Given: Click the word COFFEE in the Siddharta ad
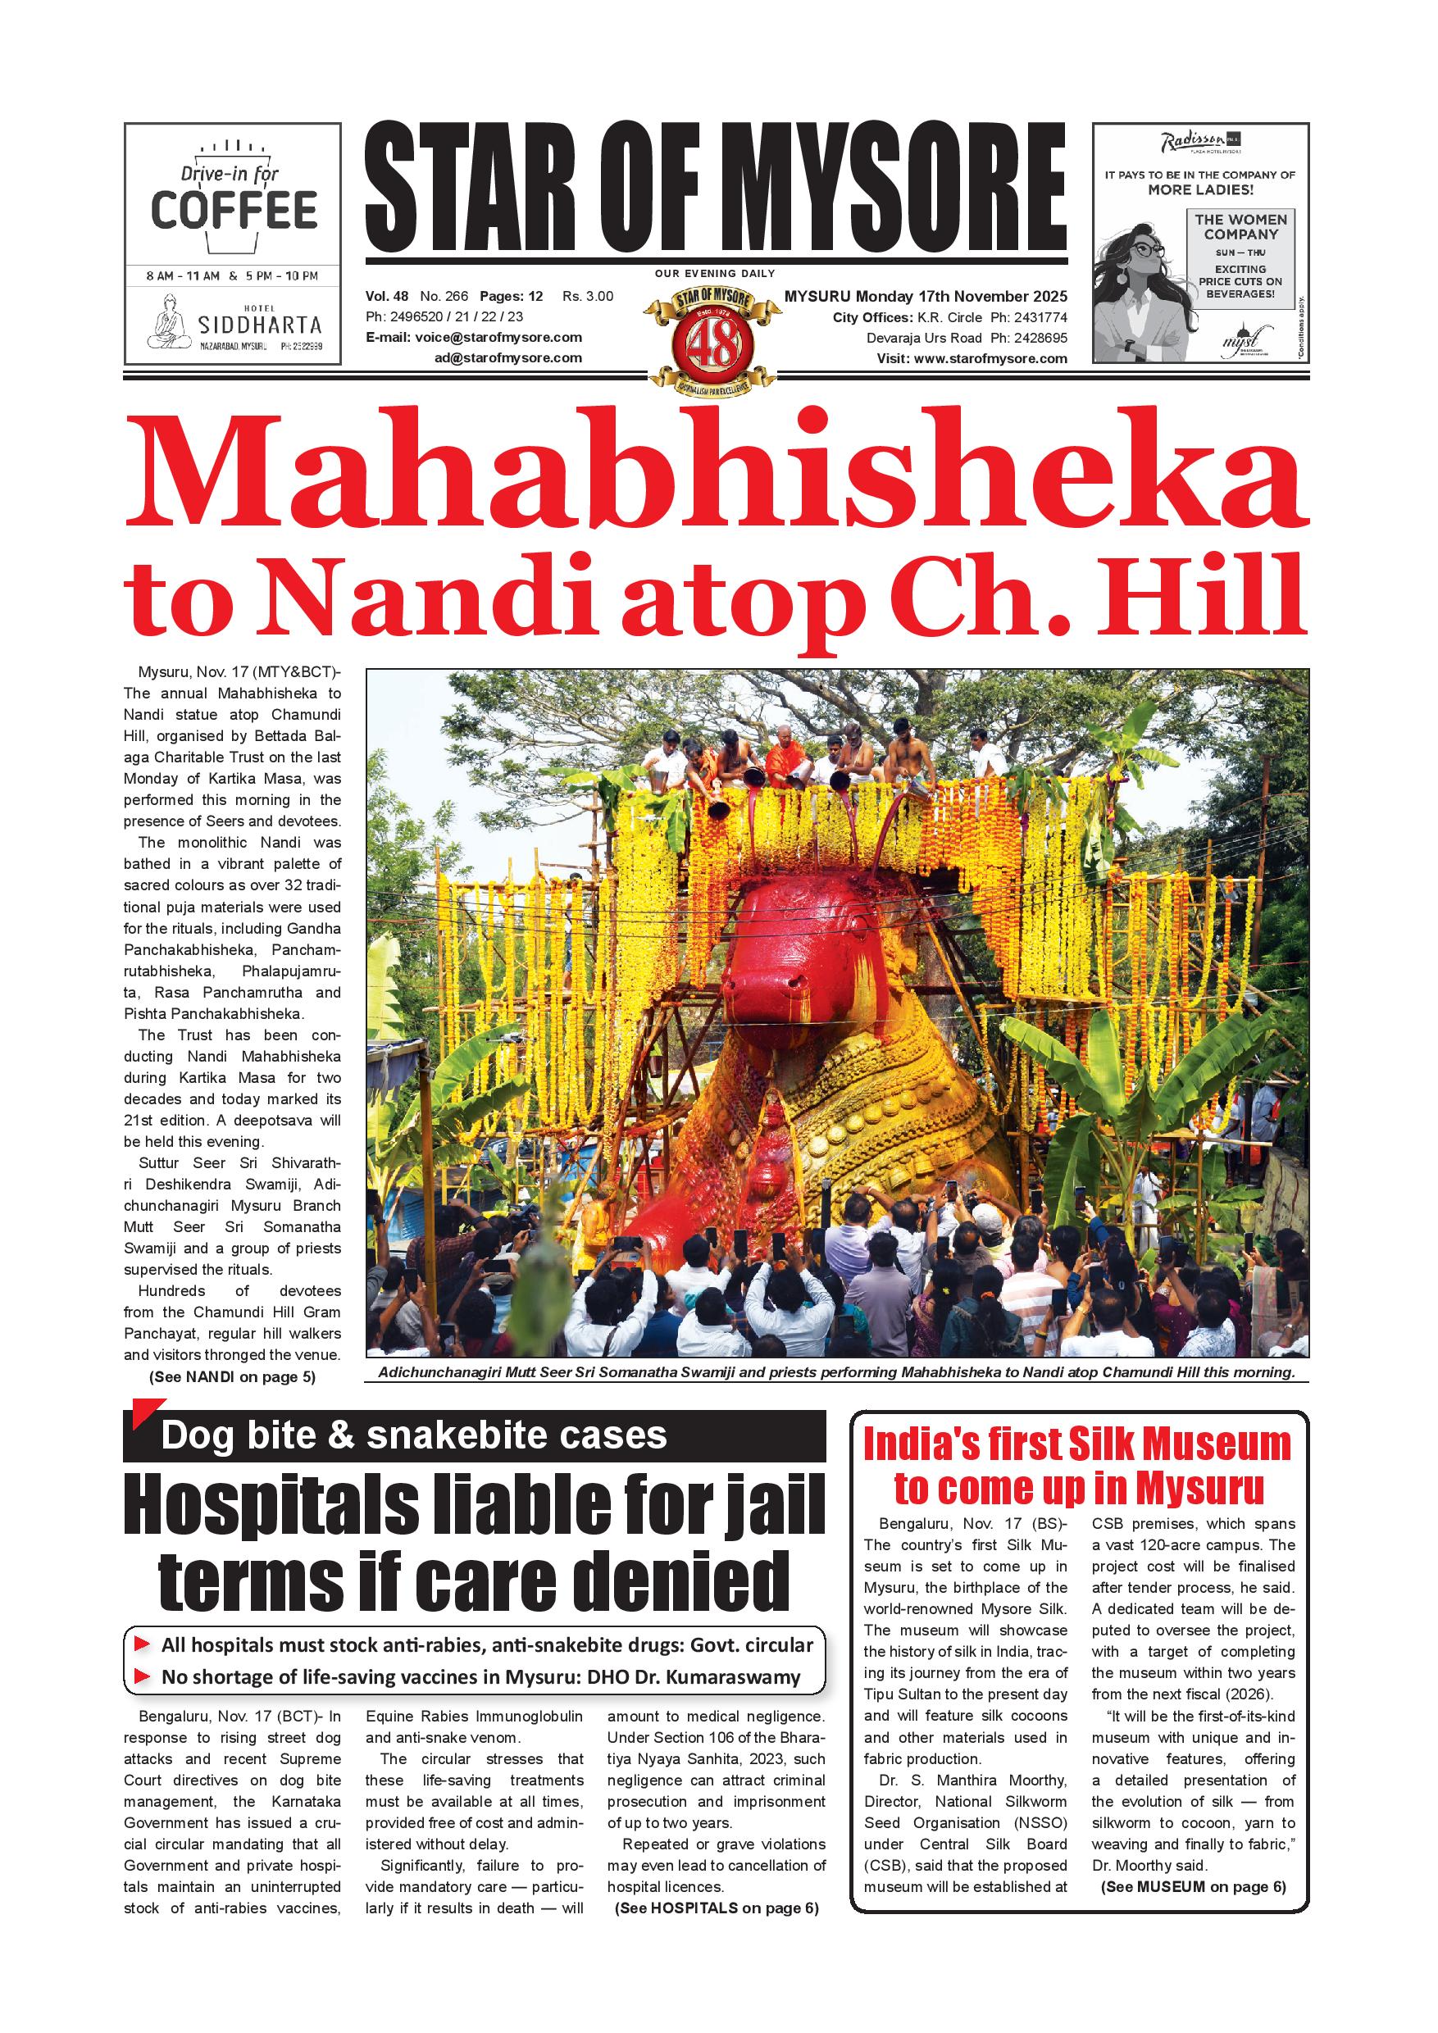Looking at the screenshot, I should pyautogui.click(x=234, y=209).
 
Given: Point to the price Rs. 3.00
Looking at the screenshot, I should pyautogui.click(x=588, y=297).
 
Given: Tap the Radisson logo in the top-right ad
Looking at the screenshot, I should pyautogui.click(x=1193, y=142).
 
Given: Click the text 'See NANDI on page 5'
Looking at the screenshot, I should pyautogui.click(x=232, y=1377).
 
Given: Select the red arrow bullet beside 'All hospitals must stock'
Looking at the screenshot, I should pyautogui.click(x=142, y=1645).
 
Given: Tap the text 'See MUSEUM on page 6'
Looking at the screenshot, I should pyautogui.click(x=1192, y=1887).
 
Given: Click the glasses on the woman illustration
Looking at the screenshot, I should pyautogui.click(x=1148, y=250).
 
